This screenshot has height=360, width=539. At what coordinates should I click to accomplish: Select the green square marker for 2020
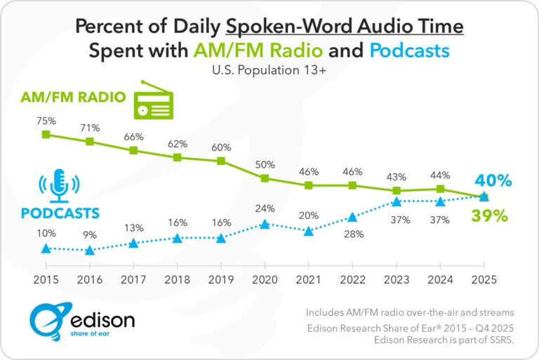[x=265, y=178]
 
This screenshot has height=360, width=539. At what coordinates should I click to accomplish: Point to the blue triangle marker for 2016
[x=90, y=250]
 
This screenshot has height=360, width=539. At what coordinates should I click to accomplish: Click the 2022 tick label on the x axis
[x=352, y=278]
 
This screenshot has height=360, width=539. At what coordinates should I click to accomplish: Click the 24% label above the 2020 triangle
[x=265, y=208]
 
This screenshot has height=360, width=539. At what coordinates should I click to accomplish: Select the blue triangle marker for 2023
[x=396, y=201]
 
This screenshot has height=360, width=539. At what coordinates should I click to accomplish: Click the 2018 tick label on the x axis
[x=178, y=278]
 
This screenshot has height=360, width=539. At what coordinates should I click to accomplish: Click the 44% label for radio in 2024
[x=439, y=172]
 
